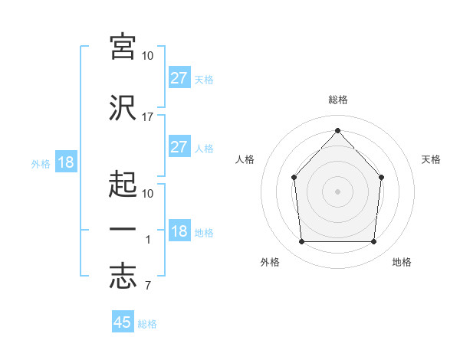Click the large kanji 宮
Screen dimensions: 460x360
(x=123, y=47)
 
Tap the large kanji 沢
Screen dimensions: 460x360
(x=123, y=108)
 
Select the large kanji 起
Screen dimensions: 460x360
(x=123, y=184)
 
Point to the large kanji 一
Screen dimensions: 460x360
(x=123, y=229)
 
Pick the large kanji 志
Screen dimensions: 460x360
(x=123, y=277)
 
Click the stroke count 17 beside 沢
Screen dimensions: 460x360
(x=147, y=117)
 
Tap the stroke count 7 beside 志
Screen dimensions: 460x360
(x=148, y=285)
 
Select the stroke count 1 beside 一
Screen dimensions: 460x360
(x=148, y=240)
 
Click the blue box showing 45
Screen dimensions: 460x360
(x=123, y=321)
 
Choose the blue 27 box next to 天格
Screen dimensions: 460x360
(x=179, y=77)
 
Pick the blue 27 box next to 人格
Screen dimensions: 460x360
(x=179, y=146)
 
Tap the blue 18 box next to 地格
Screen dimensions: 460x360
(x=179, y=230)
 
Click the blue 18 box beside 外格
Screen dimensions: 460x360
(x=66, y=162)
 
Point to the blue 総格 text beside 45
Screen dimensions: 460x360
(x=147, y=324)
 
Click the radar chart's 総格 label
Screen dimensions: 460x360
(x=338, y=100)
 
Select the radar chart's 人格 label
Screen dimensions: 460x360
(x=245, y=159)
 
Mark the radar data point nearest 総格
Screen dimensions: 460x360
(x=337, y=130)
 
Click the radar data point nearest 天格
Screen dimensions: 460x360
(x=381, y=178)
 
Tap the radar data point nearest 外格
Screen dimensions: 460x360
(x=301, y=241)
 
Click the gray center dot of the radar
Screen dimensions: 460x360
(x=337, y=191)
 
